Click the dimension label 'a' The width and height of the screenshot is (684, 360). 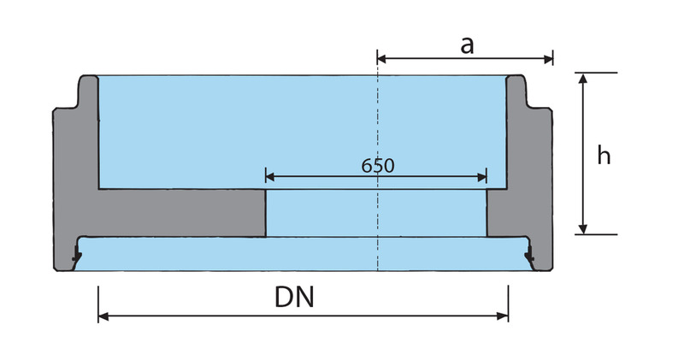pos(467,44)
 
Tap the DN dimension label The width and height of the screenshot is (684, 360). pos(293,297)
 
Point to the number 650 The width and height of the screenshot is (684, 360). pos(377,165)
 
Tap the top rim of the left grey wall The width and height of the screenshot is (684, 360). pos(89,79)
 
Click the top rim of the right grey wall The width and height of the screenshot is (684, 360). pos(517,79)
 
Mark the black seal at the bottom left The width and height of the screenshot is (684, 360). pos(76,254)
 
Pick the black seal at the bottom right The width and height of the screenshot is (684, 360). pos(529,254)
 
